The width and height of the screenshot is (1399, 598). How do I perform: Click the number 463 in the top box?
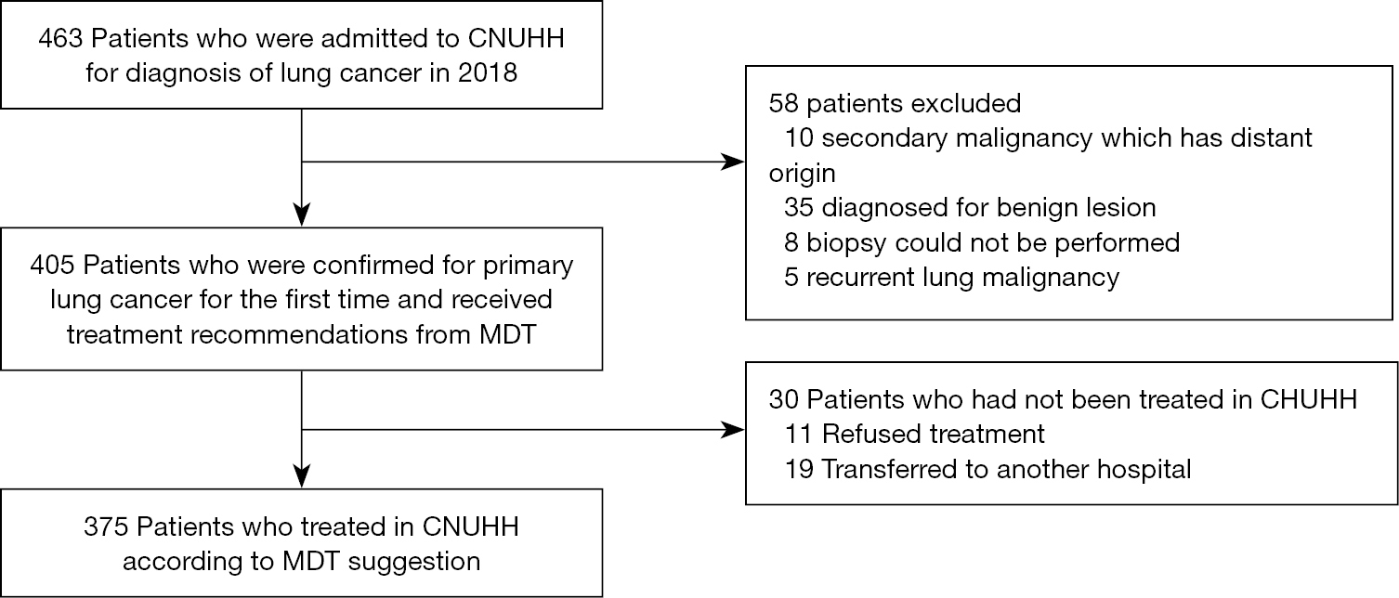tap(60, 39)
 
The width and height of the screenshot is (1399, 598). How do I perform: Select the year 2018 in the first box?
tap(487, 73)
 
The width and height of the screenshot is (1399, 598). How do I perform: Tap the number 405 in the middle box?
tap(52, 266)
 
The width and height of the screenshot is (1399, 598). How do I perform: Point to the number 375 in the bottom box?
tap(106, 526)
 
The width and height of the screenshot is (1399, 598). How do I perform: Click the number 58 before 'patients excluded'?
tap(783, 104)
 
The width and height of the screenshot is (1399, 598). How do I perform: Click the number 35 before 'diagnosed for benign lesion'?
tap(799, 208)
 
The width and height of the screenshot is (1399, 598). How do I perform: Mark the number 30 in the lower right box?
tap(783, 399)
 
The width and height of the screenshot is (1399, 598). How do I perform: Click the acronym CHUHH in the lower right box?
tap(1309, 399)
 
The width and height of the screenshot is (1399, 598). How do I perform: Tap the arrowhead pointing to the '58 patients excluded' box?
tap(733, 162)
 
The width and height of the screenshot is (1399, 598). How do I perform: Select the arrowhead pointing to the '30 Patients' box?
tap(733, 429)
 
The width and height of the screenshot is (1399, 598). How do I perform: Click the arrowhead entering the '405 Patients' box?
tap(302, 214)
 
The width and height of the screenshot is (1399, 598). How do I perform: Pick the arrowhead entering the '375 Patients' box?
tap(302, 476)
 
